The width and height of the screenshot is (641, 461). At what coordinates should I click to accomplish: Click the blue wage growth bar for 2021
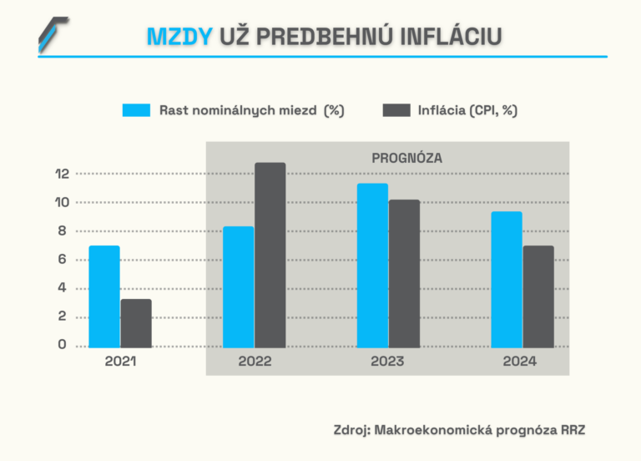(x=104, y=296)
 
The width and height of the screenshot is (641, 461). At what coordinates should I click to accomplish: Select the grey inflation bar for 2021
(x=136, y=323)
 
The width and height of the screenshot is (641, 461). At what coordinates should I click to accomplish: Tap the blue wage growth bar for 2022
(x=238, y=286)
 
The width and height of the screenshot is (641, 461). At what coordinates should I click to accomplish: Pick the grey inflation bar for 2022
(x=270, y=255)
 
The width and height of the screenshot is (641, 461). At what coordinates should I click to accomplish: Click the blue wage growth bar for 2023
(x=372, y=265)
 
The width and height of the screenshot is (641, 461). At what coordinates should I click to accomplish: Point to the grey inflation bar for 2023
(x=404, y=273)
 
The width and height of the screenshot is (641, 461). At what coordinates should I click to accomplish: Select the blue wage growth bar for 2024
(x=507, y=279)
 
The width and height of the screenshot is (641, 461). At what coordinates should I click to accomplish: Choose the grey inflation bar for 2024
(x=538, y=296)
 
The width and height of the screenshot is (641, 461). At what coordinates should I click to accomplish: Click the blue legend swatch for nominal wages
(x=136, y=110)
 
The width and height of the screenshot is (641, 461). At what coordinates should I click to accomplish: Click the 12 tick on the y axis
(x=61, y=174)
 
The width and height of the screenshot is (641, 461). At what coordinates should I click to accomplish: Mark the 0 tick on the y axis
(x=61, y=345)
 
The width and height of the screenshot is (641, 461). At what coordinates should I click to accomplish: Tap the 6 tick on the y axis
(x=61, y=260)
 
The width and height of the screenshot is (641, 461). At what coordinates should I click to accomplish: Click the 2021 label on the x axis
(x=120, y=362)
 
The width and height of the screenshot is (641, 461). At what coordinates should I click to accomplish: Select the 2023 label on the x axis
(x=388, y=362)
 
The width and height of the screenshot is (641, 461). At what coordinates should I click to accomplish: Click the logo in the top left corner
(x=53, y=34)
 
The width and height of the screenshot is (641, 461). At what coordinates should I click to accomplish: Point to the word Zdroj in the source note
(x=351, y=430)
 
